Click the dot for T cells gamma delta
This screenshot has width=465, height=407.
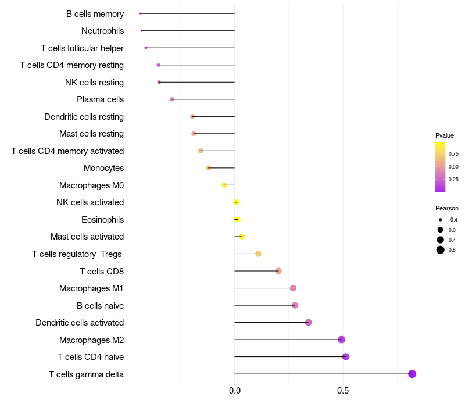click(412, 374)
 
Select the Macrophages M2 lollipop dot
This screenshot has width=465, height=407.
click(341, 340)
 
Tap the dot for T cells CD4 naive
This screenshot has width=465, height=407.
click(346, 357)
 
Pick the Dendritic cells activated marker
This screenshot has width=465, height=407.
click(309, 323)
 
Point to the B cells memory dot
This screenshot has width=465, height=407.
click(141, 13)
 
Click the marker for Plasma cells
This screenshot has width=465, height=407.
click(172, 99)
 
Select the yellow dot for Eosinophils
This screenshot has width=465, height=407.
click(237, 220)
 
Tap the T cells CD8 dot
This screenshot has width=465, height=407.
click(278, 271)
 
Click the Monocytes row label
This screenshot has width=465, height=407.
click(103, 168)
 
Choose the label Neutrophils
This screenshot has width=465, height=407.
click(102, 31)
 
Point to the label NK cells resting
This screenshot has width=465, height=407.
click(94, 83)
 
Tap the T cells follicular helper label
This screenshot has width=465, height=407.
click(82, 48)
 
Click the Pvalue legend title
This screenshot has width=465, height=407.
click(445, 135)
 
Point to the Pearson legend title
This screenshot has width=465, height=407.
click(447, 208)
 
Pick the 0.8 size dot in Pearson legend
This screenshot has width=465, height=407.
click(441, 250)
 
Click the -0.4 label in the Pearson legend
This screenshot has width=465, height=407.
click(453, 220)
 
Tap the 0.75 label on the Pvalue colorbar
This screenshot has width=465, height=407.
click(453, 154)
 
